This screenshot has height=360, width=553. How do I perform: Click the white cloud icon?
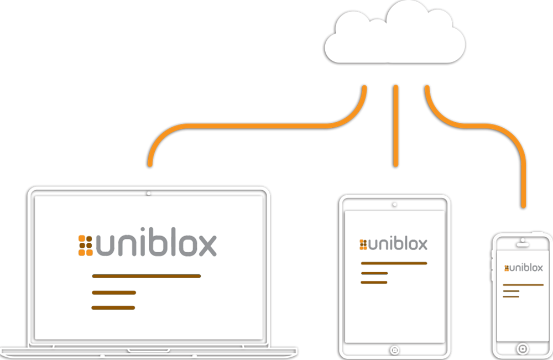pyautogui.click(x=394, y=35)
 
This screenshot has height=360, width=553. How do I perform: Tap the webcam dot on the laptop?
pyautogui.click(x=149, y=194)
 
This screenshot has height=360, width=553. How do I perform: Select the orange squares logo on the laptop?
pyautogui.click(x=85, y=245)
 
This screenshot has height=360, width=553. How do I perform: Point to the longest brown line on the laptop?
pyautogui.click(x=146, y=275)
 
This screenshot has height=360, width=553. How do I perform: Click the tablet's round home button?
pyautogui.click(x=395, y=349)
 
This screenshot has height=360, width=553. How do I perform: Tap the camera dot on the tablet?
pyautogui.click(x=394, y=204)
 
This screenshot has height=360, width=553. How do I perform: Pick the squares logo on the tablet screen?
pyautogui.click(x=363, y=244)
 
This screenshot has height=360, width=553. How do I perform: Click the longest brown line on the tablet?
pyautogui.click(x=394, y=263)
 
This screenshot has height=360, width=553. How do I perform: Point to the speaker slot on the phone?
pyautogui.click(x=523, y=244)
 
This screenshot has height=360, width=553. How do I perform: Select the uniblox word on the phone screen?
pyautogui.click(x=526, y=268)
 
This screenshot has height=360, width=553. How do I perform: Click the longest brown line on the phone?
pyautogui.click(x=523, y=285)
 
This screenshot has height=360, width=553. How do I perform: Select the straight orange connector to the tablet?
pyautogui.click(x=395, y=126)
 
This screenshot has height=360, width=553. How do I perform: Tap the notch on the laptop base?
pyautogui.click(x=149, y=351)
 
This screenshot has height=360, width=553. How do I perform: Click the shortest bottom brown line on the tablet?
pyautogui.click(x=374, y=282)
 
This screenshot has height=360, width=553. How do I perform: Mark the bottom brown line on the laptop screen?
pyautogui.click(x=113, y=307)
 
